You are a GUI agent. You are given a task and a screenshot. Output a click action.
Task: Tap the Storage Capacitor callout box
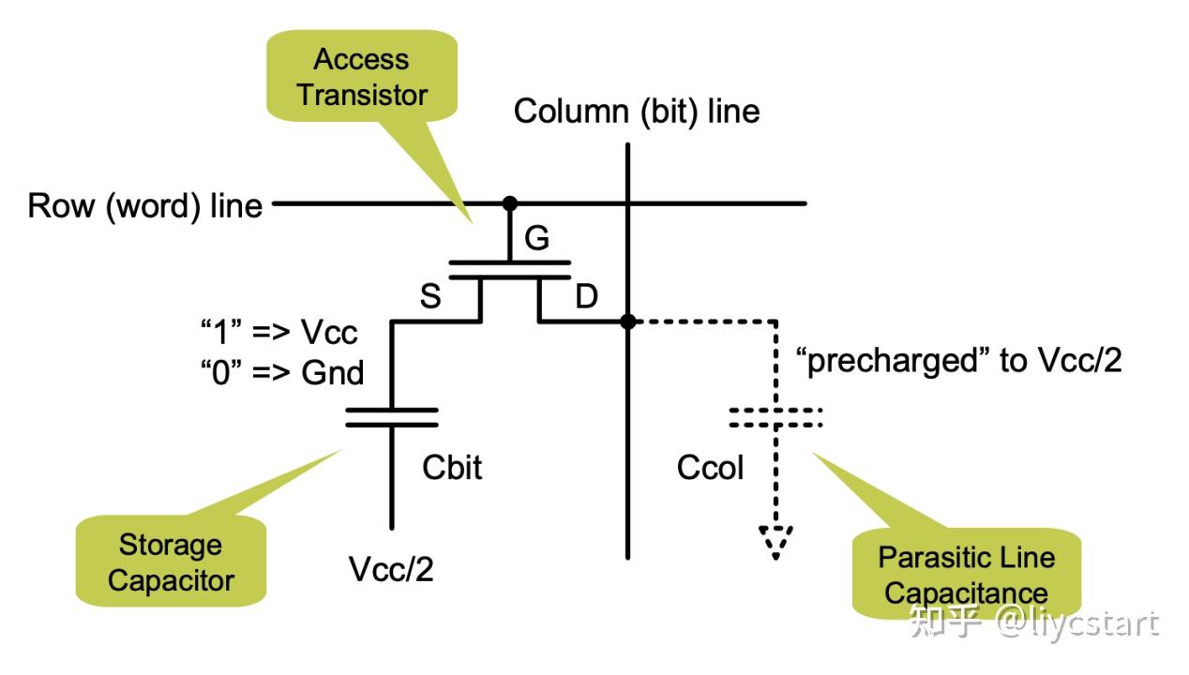(x=171, y=562)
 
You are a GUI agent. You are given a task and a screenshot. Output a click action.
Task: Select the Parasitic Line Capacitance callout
(x=966, y=575)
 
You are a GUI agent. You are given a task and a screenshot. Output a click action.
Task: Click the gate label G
(x=536, y=239)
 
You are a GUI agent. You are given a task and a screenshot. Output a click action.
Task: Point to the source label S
(x=430, y=298)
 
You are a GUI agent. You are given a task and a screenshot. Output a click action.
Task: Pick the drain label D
(x=585, y=298)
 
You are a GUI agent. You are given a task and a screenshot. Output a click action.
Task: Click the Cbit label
(x=452, y=467)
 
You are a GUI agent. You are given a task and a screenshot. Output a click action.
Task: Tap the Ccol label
(x=710, y=467)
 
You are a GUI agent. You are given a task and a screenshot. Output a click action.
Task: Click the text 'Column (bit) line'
(x=636, y=112)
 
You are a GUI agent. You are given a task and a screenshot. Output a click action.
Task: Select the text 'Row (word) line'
(x=145, y=205)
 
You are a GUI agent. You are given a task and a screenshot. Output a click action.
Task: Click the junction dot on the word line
(x=509, y=202)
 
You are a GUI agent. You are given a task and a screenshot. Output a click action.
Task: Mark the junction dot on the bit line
(x=628, y=322)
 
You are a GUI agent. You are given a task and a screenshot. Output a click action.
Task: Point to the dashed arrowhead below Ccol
(x=776, y=541)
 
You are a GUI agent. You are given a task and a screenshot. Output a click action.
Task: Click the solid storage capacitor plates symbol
(x=392, y=417)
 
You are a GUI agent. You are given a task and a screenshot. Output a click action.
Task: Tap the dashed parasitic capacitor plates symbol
(x=776, y=417)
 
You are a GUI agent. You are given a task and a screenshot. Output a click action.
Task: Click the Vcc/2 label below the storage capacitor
(x=391, y=569)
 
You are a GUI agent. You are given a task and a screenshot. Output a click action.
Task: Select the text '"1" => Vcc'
(x=278, y=333)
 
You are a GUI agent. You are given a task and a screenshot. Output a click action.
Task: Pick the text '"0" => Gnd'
(x=281, y=372)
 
